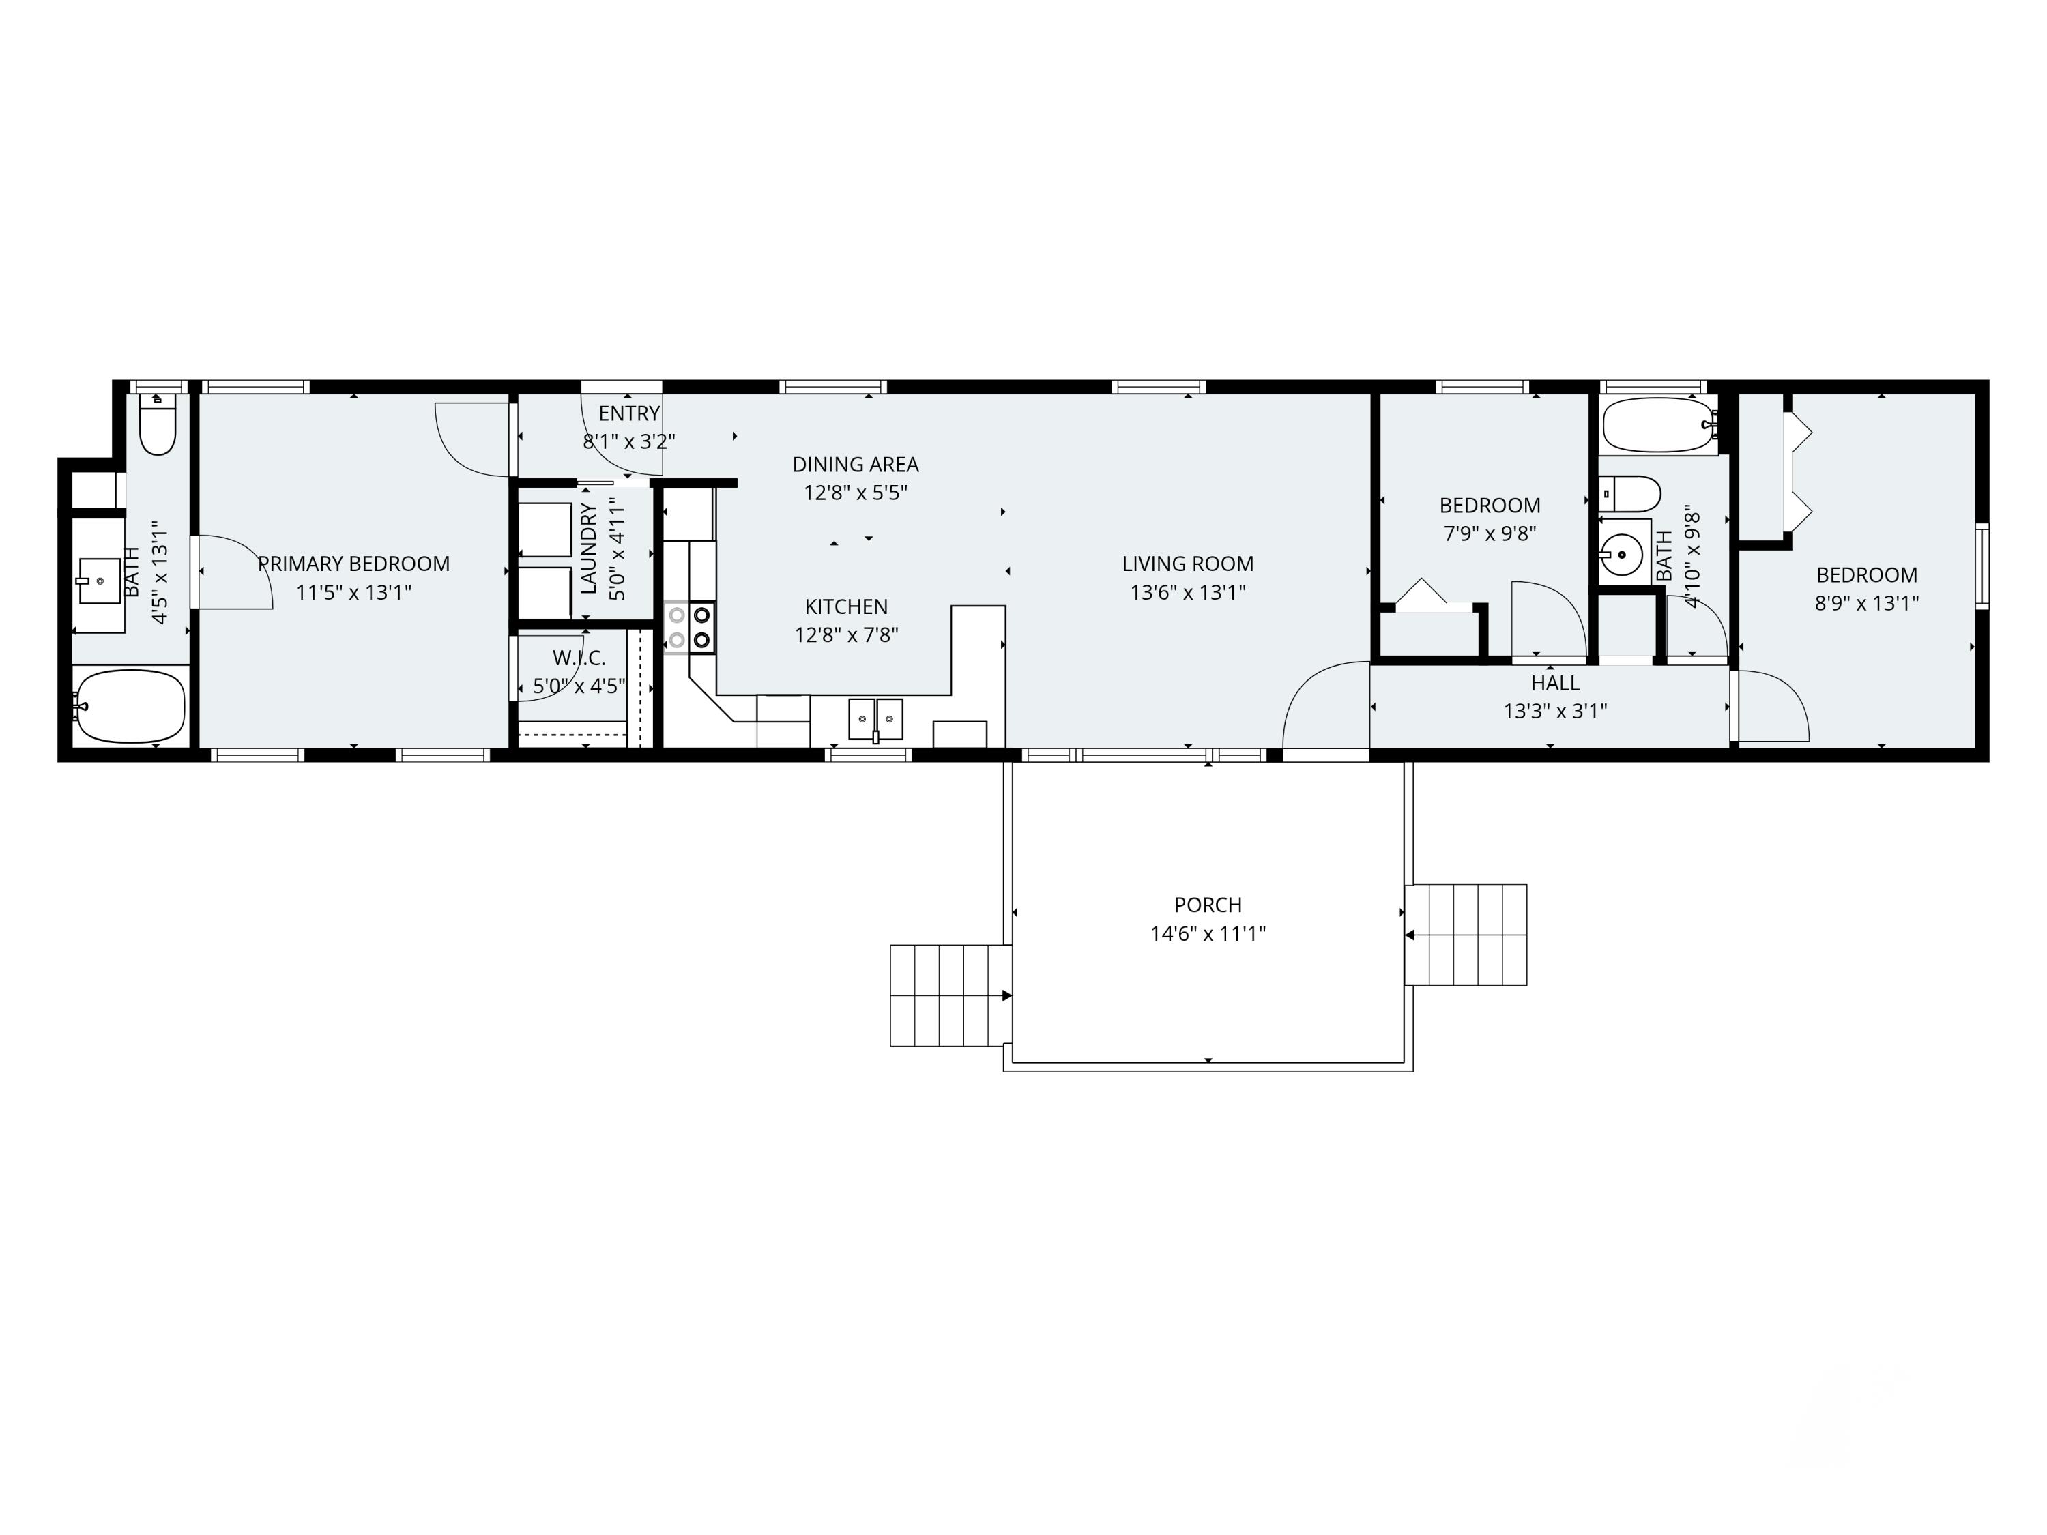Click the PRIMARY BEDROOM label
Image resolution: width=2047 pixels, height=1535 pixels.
[353, 564]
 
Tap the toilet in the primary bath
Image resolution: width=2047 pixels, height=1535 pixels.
[158, 426]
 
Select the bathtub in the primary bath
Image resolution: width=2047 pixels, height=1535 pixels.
[132, 706]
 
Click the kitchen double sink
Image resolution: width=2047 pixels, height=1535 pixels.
[875, 719]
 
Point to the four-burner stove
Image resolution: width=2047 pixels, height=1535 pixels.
[689, 626]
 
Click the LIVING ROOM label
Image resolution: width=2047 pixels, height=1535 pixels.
[1187, 564]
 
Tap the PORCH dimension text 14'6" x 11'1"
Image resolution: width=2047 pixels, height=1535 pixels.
[1208, 933]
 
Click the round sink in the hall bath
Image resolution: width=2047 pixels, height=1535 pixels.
[1621, 555]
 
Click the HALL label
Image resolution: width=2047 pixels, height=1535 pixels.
[1554, 683]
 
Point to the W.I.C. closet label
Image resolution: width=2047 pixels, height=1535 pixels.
[579, 658]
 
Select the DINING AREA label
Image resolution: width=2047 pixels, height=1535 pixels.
[855, 465]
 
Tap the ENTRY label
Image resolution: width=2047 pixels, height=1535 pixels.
[629, 413]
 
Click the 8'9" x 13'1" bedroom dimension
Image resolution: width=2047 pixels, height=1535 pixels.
[1867, 603]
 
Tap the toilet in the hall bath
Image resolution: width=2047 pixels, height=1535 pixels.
[1631, 493]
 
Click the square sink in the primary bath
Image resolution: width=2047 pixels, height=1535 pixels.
[99, 581]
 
